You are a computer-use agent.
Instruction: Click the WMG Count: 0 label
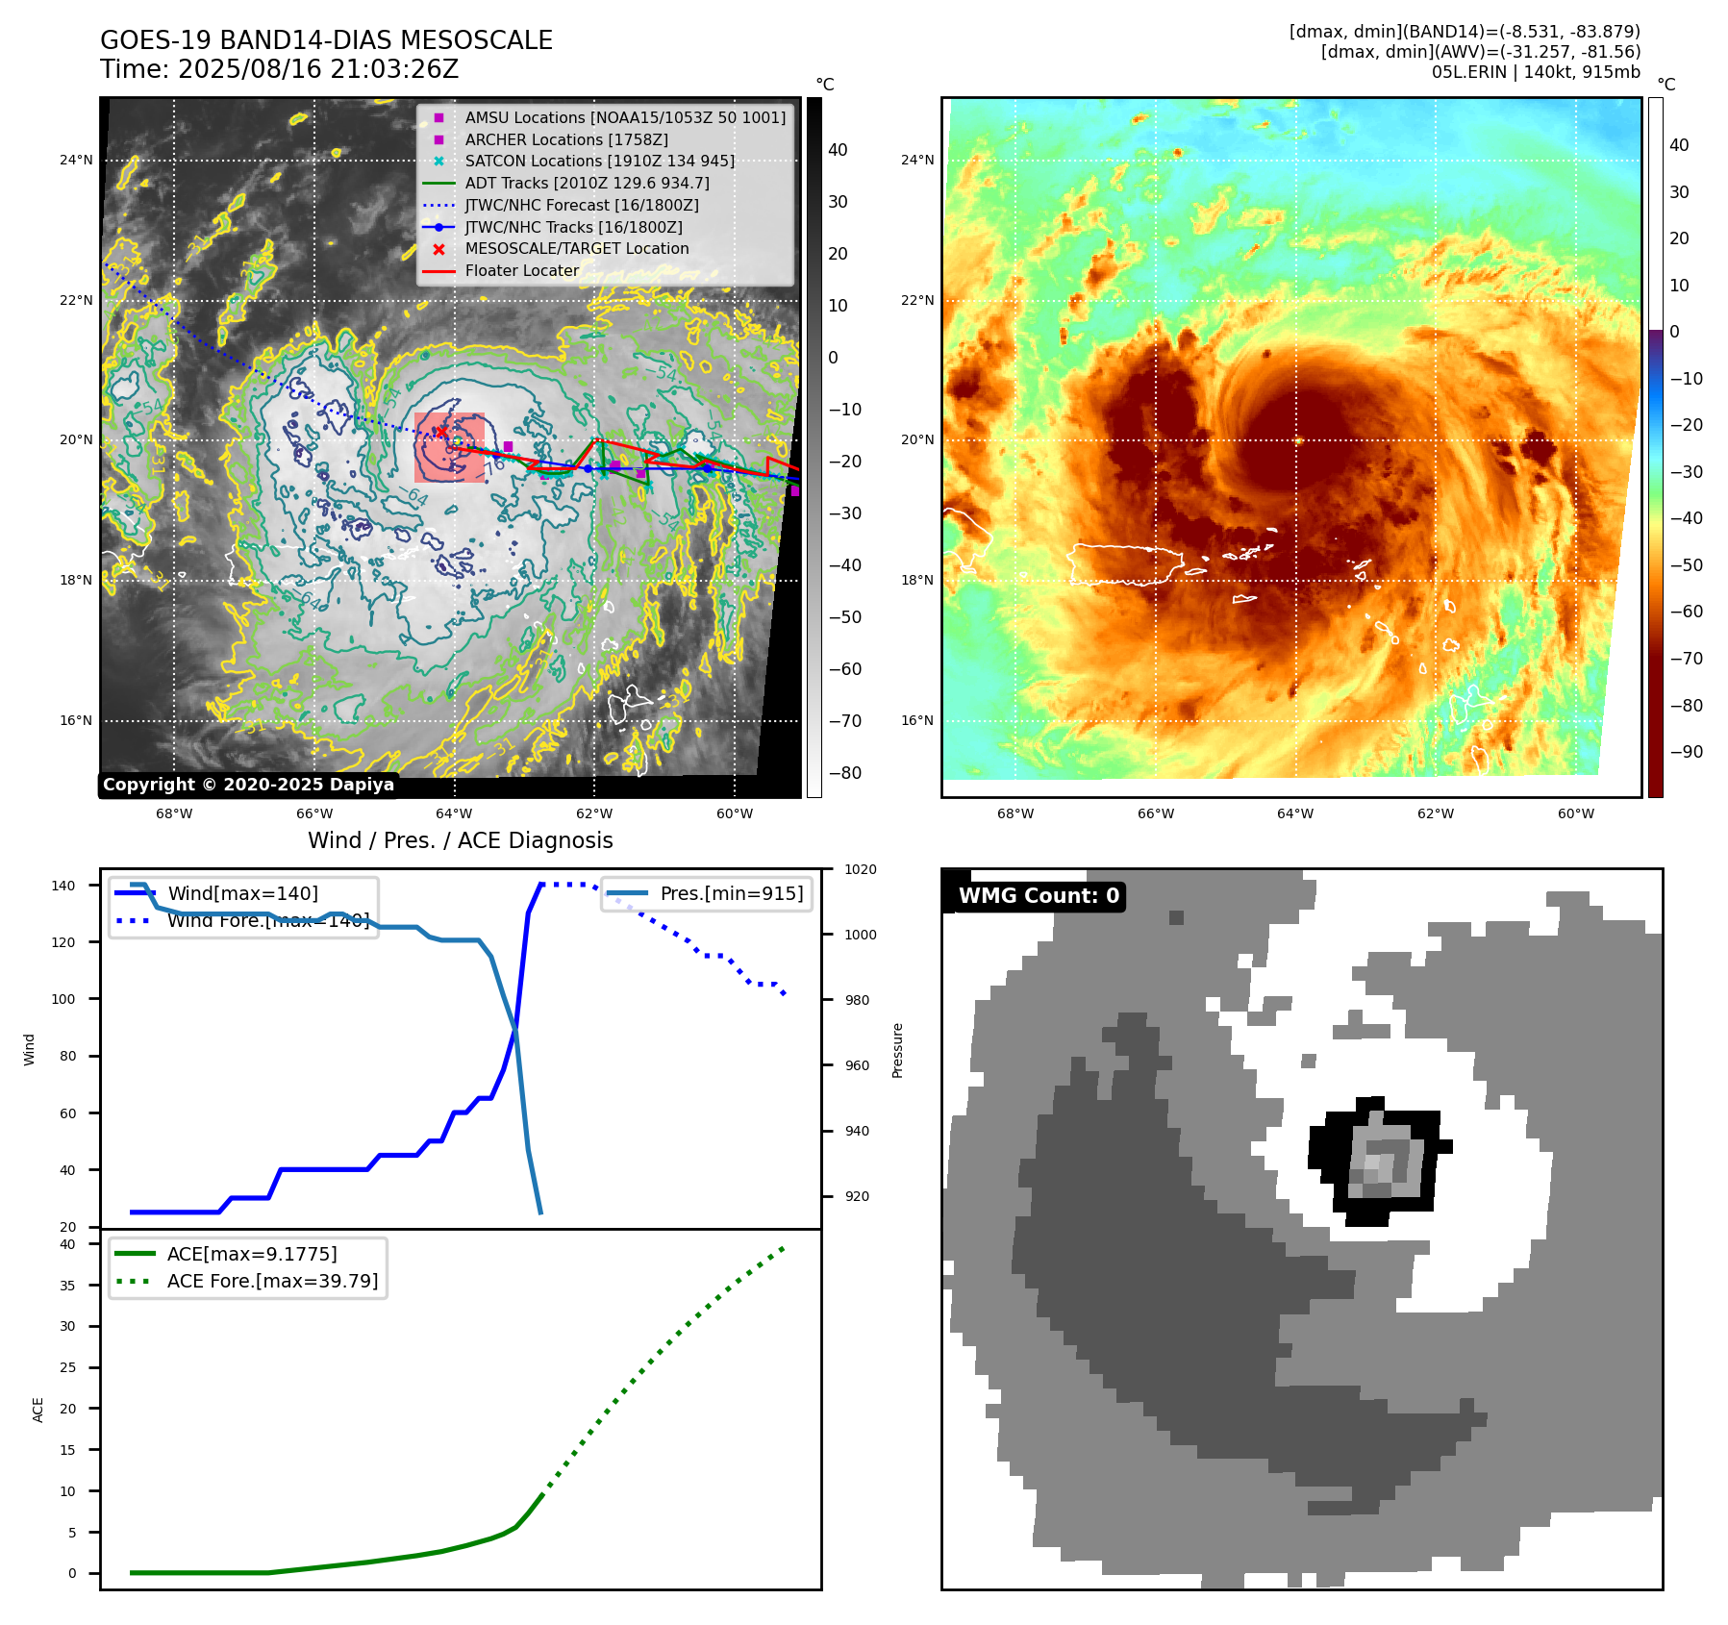click(1039, 896)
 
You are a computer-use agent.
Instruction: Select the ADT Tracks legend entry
click(587, 183)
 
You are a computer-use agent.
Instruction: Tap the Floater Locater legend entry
click(521, 271)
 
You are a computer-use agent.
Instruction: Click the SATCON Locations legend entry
click(599, 162)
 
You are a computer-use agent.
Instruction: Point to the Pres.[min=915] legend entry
click(731, 893)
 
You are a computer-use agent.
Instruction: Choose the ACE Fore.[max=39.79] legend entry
click(272, 1281)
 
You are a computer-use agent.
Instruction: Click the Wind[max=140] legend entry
click(242, 893)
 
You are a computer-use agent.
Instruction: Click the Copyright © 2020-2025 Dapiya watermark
click(248, 785)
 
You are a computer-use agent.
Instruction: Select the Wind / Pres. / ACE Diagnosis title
click(460, 840)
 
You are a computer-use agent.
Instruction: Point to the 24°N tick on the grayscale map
click(76, 160)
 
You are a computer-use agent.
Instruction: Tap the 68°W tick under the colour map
click(1015, 813)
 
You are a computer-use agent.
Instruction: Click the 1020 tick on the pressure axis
click(861, 869)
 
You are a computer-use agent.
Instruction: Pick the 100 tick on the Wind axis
click(63, 999)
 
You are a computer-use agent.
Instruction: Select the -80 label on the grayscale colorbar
click(845, 773)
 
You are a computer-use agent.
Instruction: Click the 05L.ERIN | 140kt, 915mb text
click(1536, 72)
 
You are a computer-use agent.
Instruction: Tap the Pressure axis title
click(897, 1050)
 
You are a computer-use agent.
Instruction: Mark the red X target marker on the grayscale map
click(441, 434)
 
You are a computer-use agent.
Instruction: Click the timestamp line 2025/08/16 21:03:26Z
click(279, 69)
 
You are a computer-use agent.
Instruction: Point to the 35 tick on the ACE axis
click(67, 1286)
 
